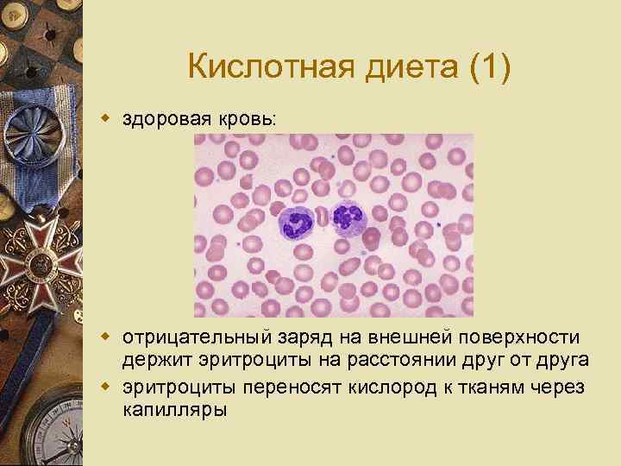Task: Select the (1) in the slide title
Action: (490, 66)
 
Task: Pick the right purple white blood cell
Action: (348, 217)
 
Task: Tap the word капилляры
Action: (175, 409)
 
